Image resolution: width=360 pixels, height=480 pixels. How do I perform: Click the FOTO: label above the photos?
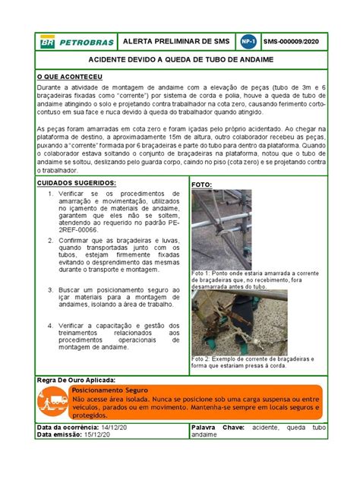click(201, 185)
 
